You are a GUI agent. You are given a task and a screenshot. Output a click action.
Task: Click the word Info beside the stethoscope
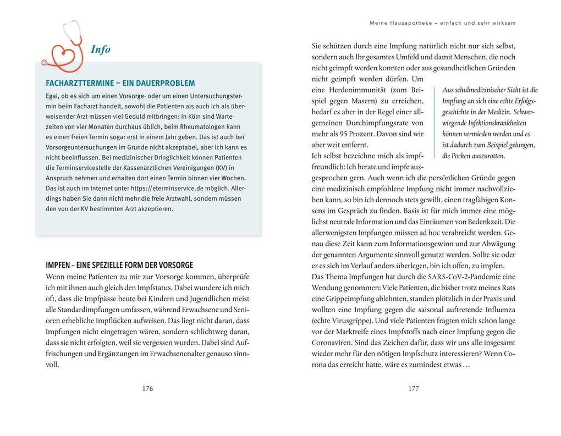point(101,49)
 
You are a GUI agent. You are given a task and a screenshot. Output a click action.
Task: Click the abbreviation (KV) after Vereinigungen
point(222,168)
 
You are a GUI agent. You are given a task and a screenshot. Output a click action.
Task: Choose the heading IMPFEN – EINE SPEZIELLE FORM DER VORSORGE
point(119,265)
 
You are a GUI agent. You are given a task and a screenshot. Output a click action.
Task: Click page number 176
point(147,388)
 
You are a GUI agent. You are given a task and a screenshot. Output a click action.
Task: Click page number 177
point(414,388)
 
